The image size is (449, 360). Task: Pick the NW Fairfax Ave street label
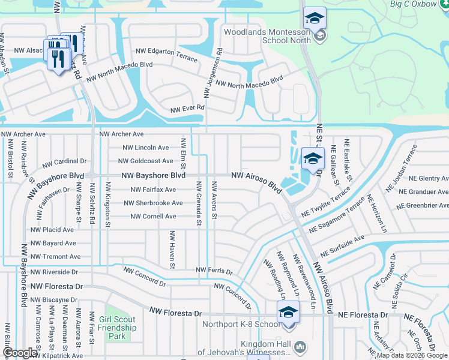coord(153,190)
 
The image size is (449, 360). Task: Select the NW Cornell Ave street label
coord(153,216)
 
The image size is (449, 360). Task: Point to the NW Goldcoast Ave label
coord(146,161)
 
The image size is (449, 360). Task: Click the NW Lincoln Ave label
coord(146,148)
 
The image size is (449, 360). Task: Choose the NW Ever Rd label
coord(188,109)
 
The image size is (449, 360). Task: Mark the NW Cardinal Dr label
coord(64,162)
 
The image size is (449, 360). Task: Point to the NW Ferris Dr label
coord(214,271)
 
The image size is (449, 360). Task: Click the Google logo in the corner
coord(19,353)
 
